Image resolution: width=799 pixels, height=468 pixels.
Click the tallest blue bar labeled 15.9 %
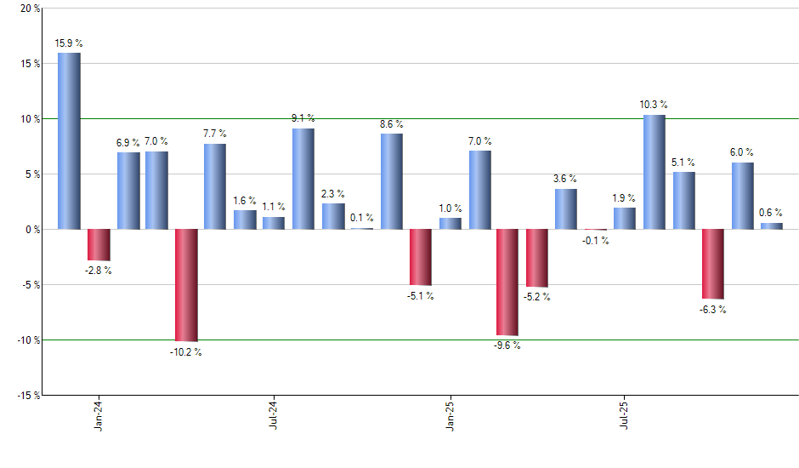click(69, 140)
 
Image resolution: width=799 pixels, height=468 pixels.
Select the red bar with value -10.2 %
click(186, 285)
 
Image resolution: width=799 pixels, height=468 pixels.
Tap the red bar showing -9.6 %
click(507, 283)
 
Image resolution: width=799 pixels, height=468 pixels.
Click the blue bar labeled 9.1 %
click(303, 179)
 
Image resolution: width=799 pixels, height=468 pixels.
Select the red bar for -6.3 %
click(712, 264)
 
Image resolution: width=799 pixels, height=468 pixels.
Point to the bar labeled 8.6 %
click(391, 181)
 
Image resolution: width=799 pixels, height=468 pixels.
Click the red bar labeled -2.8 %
click(99, 244)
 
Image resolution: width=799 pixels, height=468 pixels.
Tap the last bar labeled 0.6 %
click(771, 225)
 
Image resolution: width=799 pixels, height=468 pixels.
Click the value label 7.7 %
click(215, 133)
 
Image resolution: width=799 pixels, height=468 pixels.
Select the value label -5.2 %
click(536, 297)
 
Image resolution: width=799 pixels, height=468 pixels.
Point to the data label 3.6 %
click(565, 179)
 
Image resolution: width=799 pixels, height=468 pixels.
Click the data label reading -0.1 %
click(595, 241)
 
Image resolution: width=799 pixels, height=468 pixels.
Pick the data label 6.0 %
click(742, 152)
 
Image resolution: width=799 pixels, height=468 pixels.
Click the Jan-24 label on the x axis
click(98, 414)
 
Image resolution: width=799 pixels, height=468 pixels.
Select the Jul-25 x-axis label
click(625, 414)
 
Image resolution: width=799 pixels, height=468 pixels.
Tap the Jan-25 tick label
click(450, 414)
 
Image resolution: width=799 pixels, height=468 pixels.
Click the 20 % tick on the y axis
click(29, 9)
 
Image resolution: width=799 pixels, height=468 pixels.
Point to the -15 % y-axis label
click(26, 395)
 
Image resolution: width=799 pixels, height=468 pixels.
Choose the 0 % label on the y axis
click(31, 230)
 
